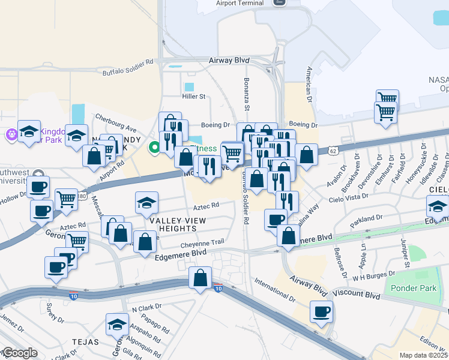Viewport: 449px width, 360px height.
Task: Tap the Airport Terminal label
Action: pos(240,3)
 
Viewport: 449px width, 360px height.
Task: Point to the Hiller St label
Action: pos(194,96)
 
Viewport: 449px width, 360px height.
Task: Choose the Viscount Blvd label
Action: pos(357,296)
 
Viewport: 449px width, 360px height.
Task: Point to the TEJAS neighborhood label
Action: pos(85,340)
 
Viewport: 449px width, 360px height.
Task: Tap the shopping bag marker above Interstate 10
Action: pos(200,278)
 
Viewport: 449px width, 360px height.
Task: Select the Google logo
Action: pos(19,353)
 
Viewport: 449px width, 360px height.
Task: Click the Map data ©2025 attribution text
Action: pos(424,355)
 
